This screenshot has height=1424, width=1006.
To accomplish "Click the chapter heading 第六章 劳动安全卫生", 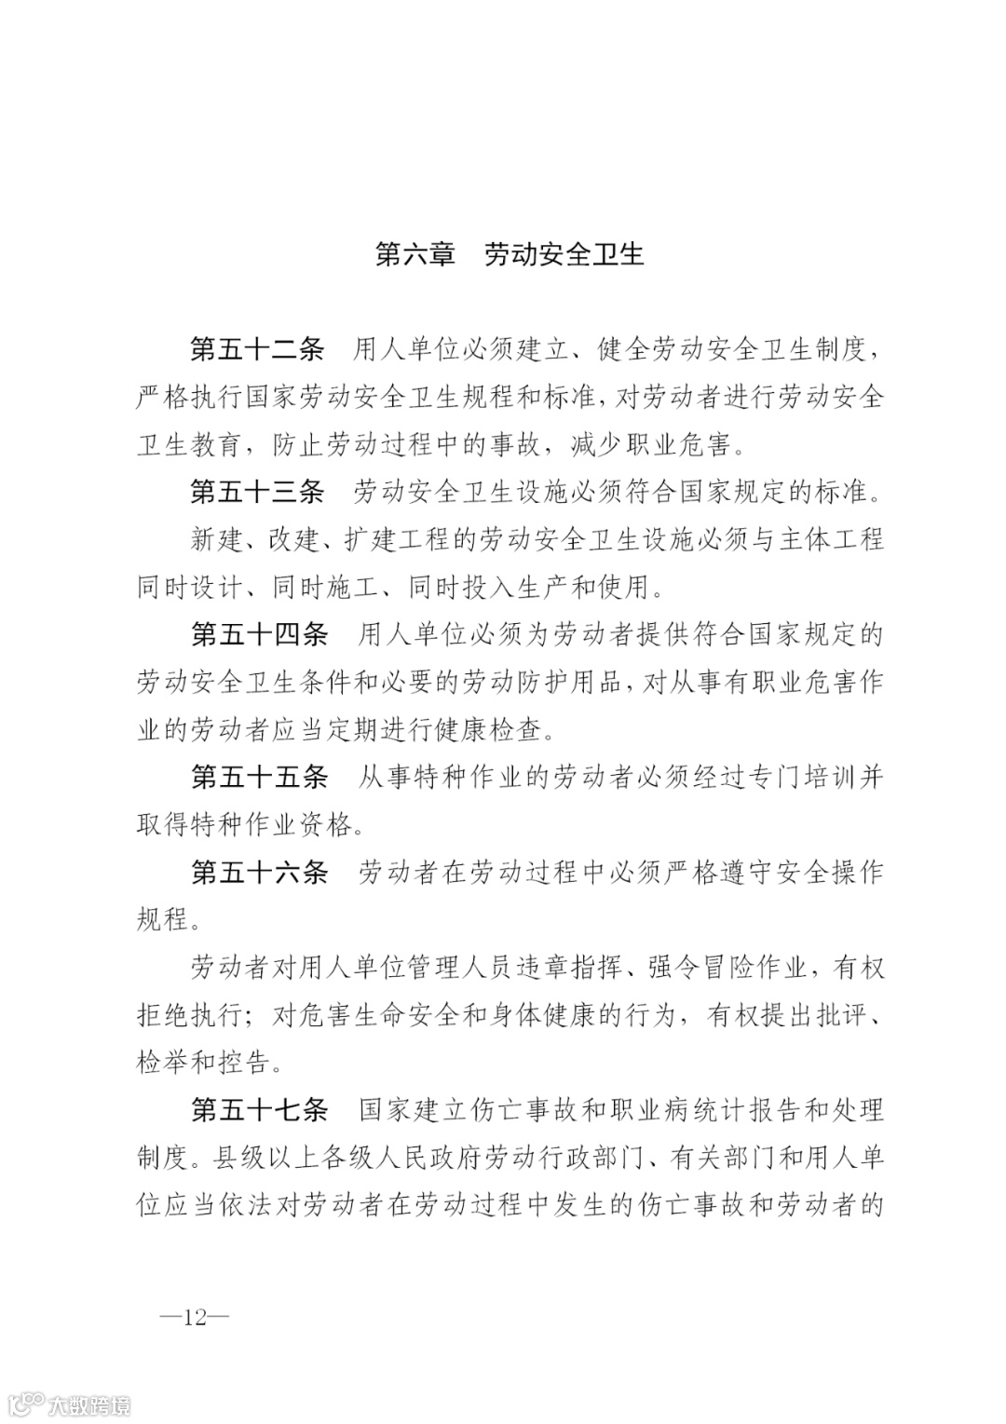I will (510, 255).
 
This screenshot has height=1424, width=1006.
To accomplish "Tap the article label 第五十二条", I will (257, 350).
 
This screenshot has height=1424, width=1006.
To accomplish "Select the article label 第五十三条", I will (257, 492).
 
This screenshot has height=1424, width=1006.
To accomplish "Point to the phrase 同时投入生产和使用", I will (527, 588).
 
